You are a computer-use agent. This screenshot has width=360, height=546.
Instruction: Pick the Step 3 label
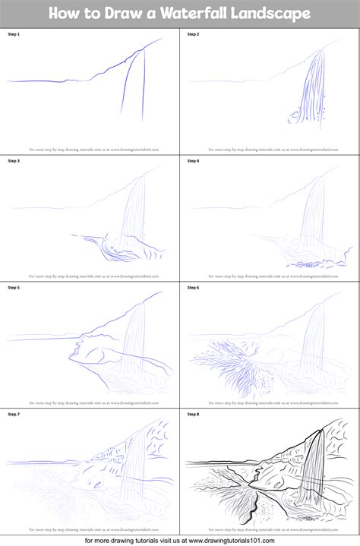15,161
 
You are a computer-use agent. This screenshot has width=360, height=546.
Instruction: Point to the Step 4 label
193,161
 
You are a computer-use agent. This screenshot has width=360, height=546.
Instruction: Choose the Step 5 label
15,287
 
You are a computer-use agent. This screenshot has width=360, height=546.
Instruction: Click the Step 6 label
193,287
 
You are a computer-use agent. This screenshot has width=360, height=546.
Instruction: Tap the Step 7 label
15,414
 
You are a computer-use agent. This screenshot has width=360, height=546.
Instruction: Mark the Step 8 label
193,414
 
